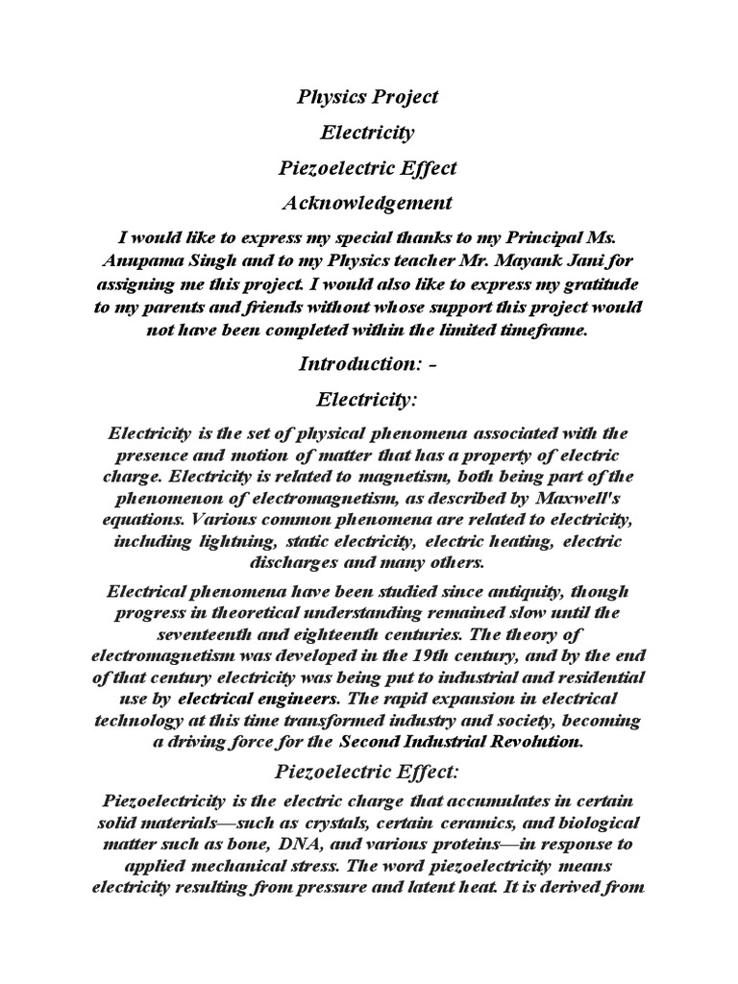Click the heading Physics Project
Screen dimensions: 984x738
[368, 96]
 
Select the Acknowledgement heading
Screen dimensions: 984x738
[368, 203]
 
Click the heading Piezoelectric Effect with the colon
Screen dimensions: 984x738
[368, 771]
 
